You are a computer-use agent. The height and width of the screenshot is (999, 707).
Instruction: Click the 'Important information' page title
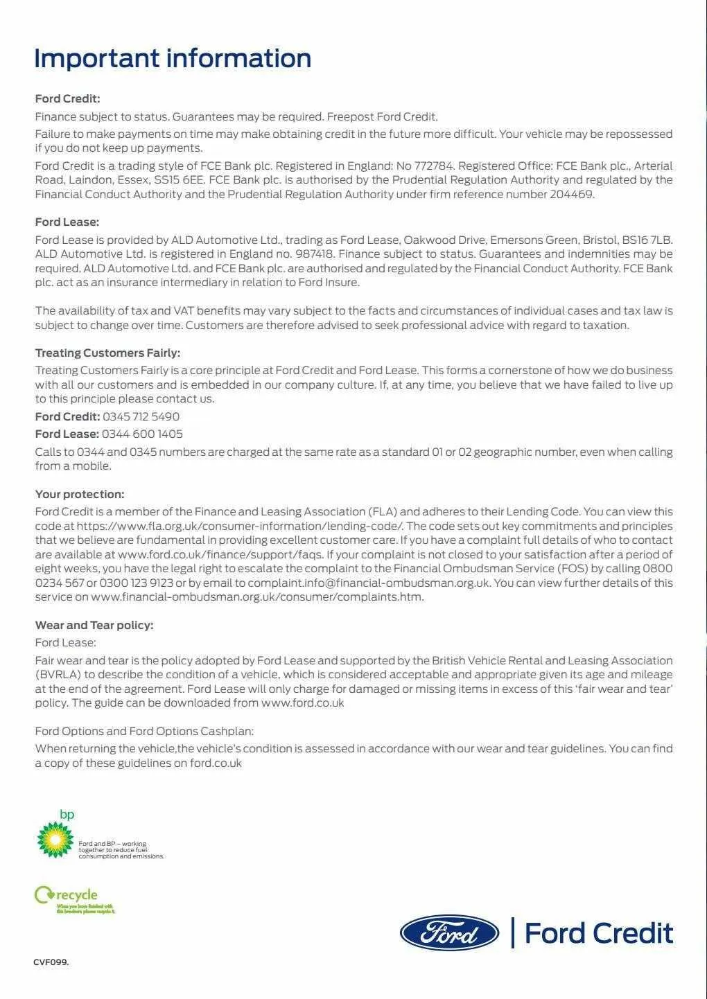click(173, 58)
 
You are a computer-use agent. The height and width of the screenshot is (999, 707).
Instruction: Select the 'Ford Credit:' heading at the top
click(68, 99)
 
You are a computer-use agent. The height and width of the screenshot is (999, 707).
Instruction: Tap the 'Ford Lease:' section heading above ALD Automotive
click(67, 222)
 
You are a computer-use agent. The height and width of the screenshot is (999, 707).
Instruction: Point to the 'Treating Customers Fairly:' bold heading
click(107, 353)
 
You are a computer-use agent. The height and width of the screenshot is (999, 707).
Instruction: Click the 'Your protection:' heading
click(80, 495)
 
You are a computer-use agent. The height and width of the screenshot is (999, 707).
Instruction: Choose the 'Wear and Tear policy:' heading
click(94, 626)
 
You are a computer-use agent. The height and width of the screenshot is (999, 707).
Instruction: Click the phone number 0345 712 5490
click(141, 417)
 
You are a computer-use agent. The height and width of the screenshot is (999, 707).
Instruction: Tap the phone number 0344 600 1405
click(142, 434)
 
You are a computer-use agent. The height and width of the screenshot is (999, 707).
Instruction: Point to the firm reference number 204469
click(571, 195)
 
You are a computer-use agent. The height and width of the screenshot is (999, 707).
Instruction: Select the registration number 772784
click(433, 166)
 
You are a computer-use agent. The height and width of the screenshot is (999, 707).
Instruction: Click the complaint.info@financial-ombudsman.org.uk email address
click(369, 583)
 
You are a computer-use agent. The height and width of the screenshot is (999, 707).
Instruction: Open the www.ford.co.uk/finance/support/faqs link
click(220, 555)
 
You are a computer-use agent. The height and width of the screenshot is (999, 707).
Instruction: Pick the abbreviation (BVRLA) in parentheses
click(58, 675)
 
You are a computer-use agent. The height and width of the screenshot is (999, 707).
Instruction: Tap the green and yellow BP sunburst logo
click(55, 839)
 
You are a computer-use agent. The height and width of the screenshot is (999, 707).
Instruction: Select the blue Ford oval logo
click(449, 933)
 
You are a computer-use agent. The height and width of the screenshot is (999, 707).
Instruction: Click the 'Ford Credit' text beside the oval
click(599, 933)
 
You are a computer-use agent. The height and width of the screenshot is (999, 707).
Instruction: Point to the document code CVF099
click(51, 962)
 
